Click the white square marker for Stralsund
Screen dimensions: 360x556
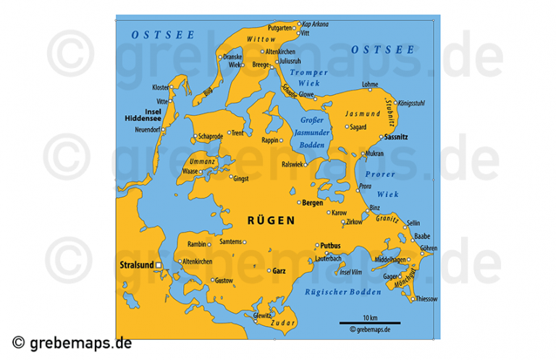[159, 266]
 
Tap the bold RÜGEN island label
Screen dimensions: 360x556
[271, 221]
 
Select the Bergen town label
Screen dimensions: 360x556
[313, 203]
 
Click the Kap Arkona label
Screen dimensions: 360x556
[315, 24]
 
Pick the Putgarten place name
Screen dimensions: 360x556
[280, 27]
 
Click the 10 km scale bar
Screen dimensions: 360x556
[370, 322]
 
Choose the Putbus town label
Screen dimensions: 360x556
[330, 246]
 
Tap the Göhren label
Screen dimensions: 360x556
[429, 248]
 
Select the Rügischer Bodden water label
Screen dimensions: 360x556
[333, 292]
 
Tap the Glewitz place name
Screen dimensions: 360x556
[262, 316]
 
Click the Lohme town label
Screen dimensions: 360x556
[370, 85]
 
